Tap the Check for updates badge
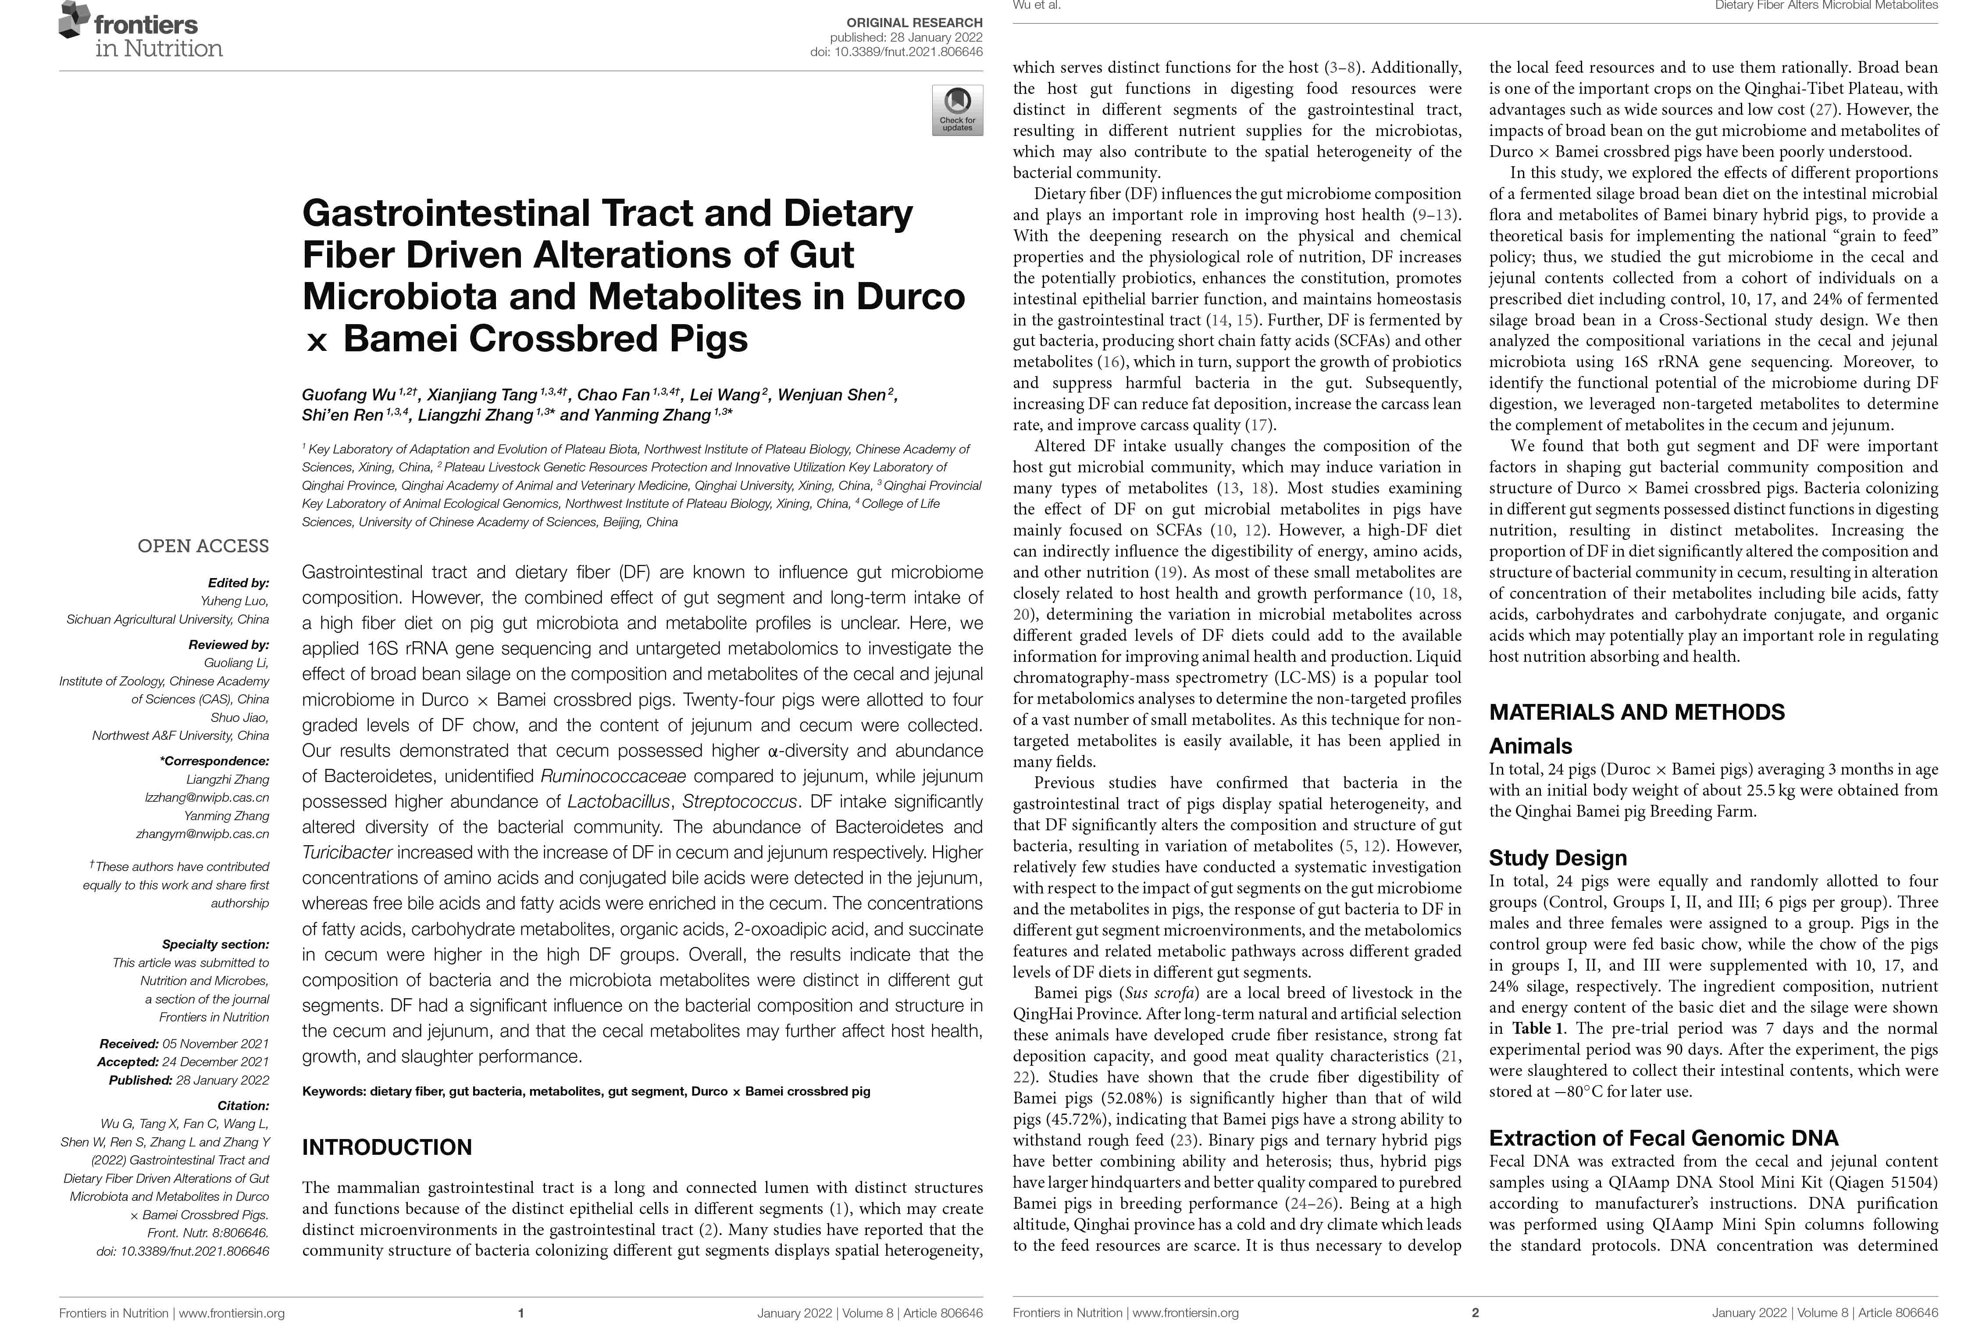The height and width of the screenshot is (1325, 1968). click(x=957, y=110)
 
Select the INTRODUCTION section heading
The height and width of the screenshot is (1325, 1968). click(x=387, y=1146)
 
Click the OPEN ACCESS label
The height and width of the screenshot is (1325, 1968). click(x=203, y=546)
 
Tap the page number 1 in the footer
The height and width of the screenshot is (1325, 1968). click(x=521, y=1312)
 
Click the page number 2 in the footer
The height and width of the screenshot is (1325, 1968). click(x=1476, y=1312)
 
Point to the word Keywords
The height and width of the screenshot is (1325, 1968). click(x=334, y=1091)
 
